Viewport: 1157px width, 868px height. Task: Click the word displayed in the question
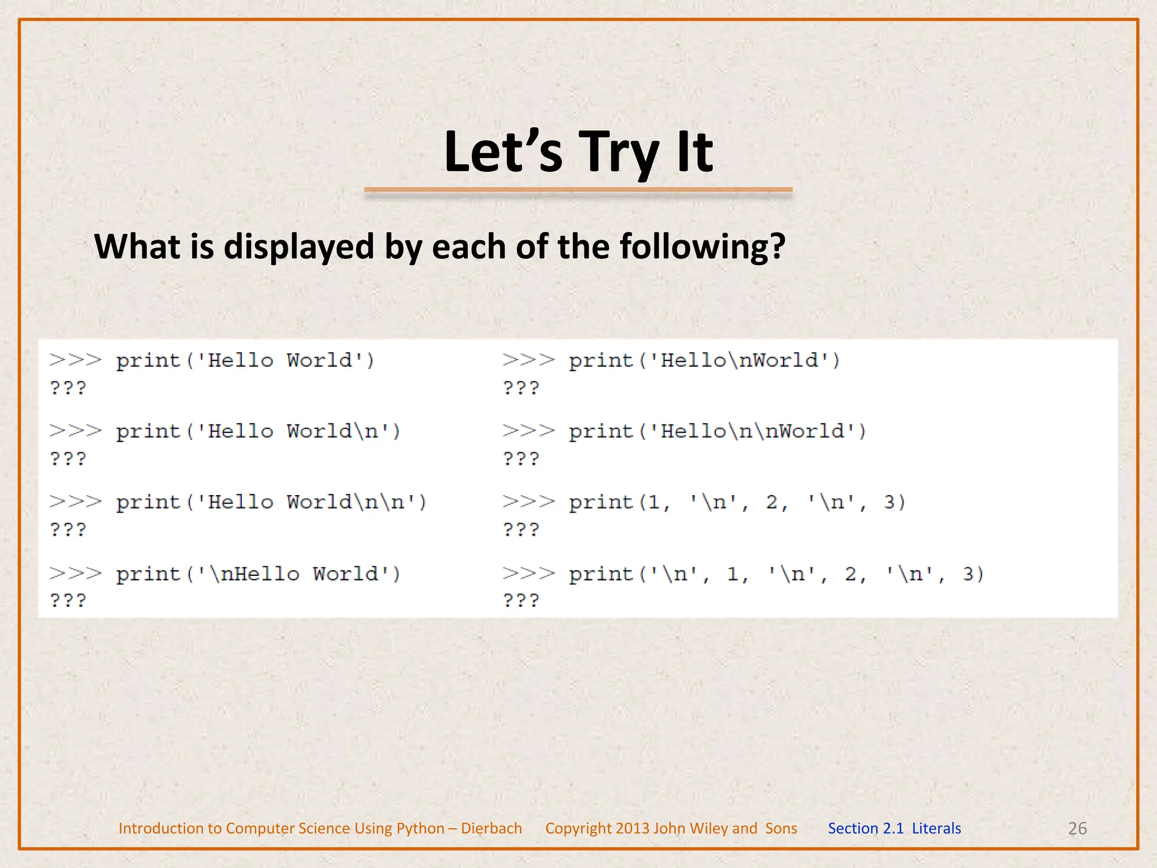point(299,248)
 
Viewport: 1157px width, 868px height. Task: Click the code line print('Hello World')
point(245,361)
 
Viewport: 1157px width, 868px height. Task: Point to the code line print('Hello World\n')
point(258,432)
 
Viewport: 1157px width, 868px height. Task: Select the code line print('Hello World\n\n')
point(271,502)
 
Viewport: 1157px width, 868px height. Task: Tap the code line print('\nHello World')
point(258,574)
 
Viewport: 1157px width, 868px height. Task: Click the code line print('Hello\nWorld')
point(704,361)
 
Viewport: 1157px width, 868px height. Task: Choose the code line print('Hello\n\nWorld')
point(717,432)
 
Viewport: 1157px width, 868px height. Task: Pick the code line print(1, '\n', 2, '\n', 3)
point(737,502)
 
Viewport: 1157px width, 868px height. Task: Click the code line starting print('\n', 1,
point(776,574)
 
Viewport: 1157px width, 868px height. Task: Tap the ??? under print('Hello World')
point(68,388)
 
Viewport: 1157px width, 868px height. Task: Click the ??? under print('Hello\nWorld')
point(521,388)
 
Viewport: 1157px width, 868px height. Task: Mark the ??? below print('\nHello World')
point(68,600)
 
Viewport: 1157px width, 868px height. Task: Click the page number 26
point(1077,828)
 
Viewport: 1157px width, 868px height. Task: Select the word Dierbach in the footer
point(491,828)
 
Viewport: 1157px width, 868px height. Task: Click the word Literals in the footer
point(936,828)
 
